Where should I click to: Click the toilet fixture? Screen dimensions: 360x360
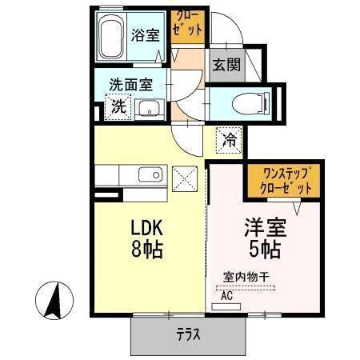[x=250, y=102]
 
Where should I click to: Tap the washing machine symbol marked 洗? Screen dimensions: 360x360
[x=117, y=106]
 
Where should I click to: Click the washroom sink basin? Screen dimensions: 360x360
[x=148, y=107]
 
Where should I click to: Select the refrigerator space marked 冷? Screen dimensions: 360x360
[x=228, y=141]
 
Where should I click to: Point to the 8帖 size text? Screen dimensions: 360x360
[x=147, y=250]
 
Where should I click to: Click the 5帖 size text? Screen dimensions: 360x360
[x=262, y=250]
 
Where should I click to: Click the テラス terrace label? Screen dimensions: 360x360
[x=187, y=334]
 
